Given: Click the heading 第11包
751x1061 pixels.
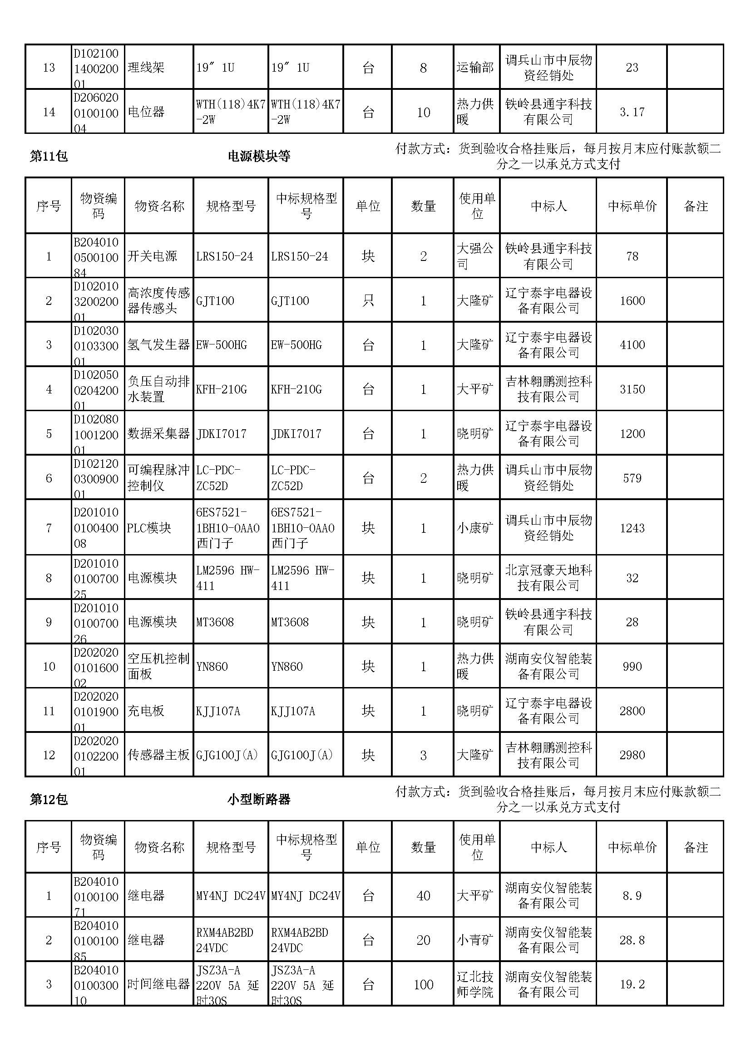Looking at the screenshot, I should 49,157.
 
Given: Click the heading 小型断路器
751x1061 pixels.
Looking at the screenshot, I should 259,800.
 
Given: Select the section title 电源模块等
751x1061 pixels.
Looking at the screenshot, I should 259,157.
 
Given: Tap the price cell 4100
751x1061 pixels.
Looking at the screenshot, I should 632,345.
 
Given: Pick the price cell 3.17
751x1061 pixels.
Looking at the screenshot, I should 632,112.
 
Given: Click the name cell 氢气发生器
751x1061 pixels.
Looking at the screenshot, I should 158,345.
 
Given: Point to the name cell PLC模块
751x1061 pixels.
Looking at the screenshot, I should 149,528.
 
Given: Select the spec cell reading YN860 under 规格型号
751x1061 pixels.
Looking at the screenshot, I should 212,667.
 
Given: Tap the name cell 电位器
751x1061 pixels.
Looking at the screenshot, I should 146,112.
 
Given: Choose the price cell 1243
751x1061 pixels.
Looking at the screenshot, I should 632,528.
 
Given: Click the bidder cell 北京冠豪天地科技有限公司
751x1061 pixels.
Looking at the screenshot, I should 548,578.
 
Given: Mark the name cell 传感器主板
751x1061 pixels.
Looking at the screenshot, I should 158,756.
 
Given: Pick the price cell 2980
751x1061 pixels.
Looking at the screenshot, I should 632,756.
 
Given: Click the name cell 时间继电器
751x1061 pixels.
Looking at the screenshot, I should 158,985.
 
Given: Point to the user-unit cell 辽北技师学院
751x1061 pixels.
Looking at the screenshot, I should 475,985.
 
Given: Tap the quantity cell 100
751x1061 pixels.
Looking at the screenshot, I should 423,985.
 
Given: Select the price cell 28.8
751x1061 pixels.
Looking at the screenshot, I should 632,940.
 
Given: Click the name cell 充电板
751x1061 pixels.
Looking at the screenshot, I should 146,711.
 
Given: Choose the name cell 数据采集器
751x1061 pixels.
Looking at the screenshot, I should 158,434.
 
